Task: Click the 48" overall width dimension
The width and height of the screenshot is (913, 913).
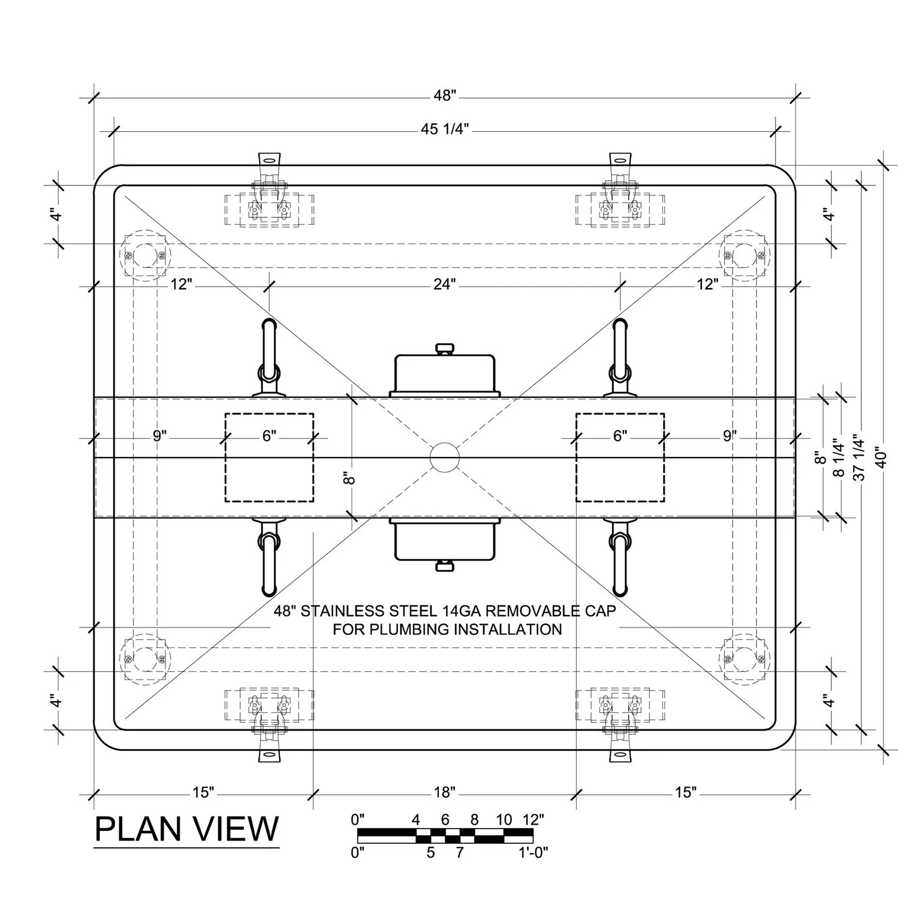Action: tap(445, 96)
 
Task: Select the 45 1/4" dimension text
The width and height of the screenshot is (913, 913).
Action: tap(445, 130)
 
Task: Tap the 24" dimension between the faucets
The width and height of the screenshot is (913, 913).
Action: tap(444, 284)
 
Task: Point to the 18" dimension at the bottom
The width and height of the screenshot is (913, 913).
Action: tap(445, 792)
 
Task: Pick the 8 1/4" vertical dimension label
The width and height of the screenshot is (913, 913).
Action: tap(838, 458)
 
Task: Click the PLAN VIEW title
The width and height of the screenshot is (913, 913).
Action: tap(187, 829)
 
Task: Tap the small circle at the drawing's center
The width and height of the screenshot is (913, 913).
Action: tap(445, 457)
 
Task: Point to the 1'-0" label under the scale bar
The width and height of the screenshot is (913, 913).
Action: tap(533, 853)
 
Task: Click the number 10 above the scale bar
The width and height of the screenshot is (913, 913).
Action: tap(504, 820)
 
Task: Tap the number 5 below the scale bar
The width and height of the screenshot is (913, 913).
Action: tap(431, 853)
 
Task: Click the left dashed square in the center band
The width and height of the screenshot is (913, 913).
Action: tap(269, 458)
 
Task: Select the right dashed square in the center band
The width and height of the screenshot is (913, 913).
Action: tap(620, 458)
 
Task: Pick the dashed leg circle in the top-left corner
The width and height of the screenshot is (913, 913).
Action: tap(146, 255)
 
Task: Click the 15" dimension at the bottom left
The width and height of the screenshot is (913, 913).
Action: tap(203, 792)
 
